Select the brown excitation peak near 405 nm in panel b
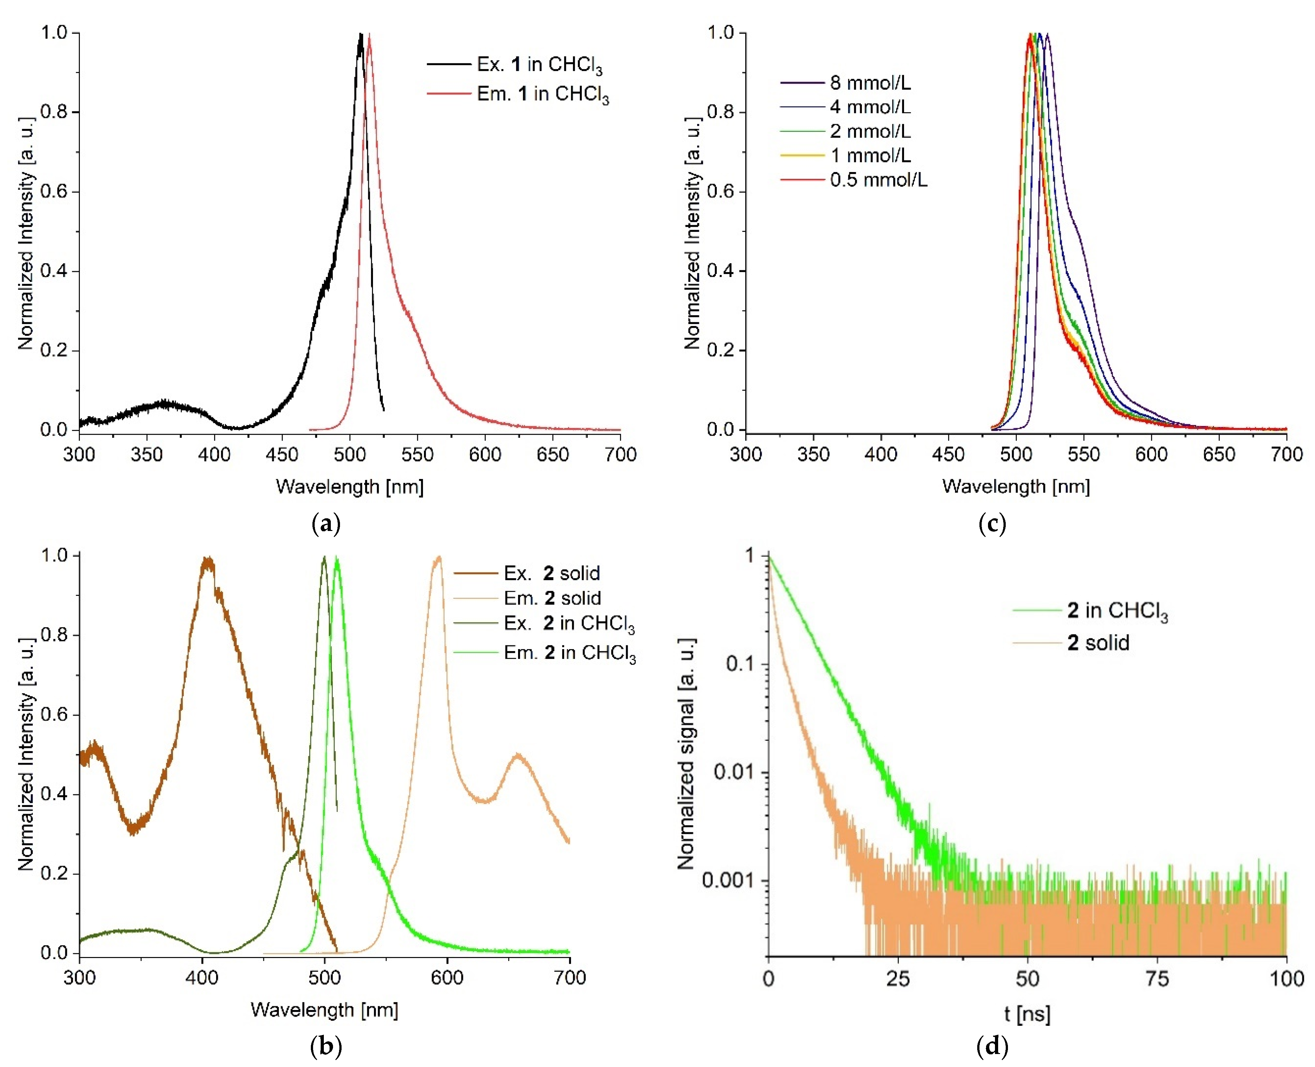click(208, 560)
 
